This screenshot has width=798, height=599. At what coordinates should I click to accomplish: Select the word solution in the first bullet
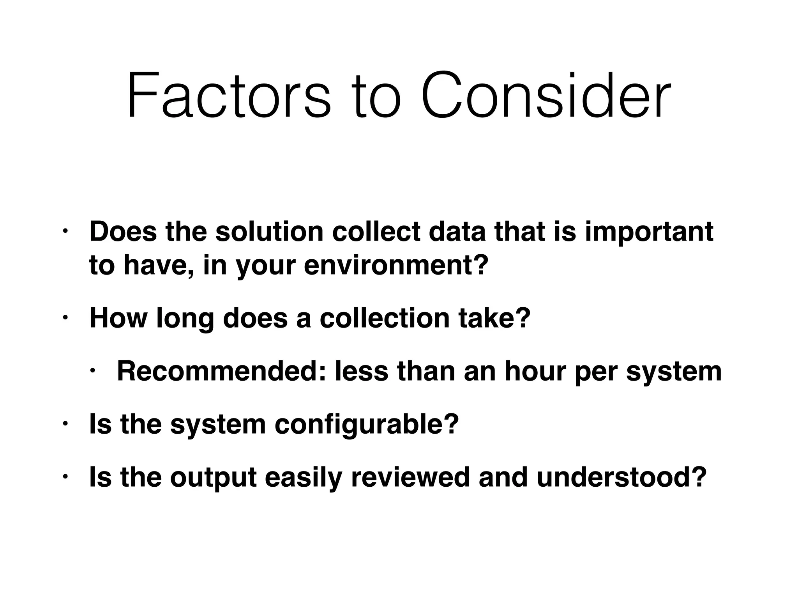[269, 232]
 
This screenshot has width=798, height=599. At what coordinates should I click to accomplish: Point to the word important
[649, 232]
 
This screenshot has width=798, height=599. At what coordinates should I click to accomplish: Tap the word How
[118, 318]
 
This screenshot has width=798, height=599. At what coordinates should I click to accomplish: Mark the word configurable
[367, 424]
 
